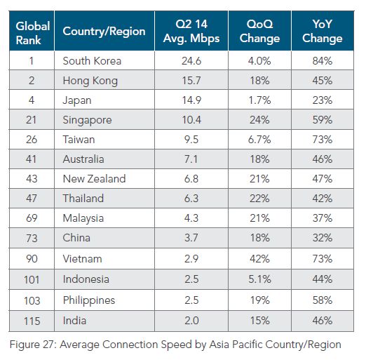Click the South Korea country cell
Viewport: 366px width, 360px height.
point(92,61)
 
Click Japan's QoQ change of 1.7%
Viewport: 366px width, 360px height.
point(259,100)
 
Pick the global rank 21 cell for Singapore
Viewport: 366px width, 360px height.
point(32,120)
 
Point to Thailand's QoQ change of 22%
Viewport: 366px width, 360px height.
point(259,199)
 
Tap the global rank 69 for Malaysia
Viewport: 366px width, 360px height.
point(32,219)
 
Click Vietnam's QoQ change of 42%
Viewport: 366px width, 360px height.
point(259,259)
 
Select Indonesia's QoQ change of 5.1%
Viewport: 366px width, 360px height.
point(259,279)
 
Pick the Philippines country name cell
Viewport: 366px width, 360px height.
point(90,299)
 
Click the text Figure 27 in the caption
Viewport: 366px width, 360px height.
point(34,345)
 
